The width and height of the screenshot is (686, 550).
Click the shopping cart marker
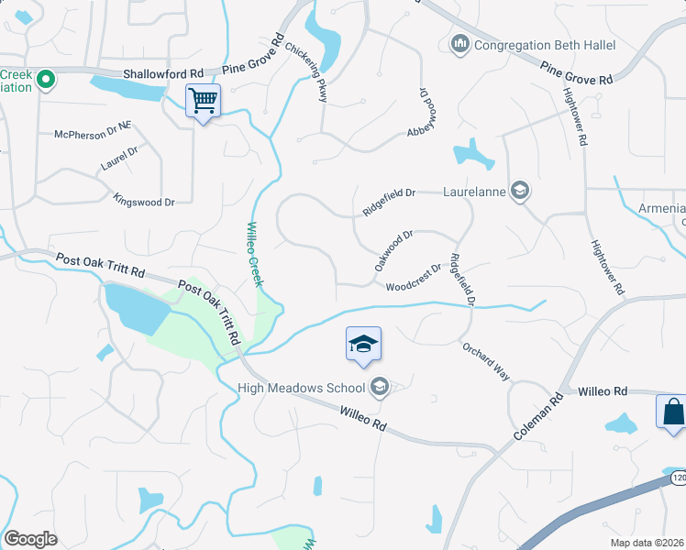click(x=203, y=101)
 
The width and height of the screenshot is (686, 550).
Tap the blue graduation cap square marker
click(x=363, y=345)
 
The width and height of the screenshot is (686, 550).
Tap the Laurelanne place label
click(x=474, y=192)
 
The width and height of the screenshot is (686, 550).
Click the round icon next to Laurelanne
click(x=520, y=191)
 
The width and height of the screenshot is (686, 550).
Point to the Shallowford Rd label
click(x=164, y=73)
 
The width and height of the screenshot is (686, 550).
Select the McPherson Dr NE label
click(x=94, y=134)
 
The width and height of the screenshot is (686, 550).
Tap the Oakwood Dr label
click(x=394, y=249)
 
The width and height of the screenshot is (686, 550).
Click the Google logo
click(x=29, y=539)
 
